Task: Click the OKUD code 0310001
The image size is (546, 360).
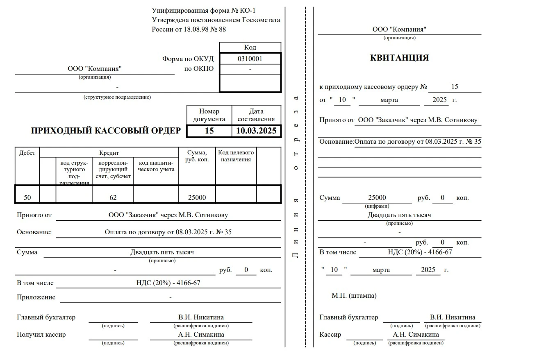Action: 250,59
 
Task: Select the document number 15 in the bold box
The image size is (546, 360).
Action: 209,131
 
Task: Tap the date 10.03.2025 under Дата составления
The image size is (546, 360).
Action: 256,131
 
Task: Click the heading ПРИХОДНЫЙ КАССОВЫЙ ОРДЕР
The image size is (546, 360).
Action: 106,131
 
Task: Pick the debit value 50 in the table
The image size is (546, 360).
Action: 27,197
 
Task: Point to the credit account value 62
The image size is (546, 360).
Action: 113,197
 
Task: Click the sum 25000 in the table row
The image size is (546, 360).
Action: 197,197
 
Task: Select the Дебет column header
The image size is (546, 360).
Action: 27,153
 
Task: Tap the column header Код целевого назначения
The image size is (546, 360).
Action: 236,156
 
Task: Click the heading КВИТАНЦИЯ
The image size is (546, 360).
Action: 399,58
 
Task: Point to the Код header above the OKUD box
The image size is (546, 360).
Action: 250,47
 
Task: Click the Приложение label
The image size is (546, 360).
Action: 36,297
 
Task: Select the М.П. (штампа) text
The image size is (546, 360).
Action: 354,295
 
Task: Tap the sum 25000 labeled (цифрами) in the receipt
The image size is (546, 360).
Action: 377,198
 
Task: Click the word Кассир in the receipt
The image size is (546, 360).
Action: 330,335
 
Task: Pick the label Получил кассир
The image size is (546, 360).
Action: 41,335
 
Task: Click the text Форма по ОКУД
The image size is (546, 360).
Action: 188,59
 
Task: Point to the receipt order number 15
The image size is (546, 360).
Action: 455,87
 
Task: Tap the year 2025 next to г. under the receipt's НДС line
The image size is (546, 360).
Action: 428,270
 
